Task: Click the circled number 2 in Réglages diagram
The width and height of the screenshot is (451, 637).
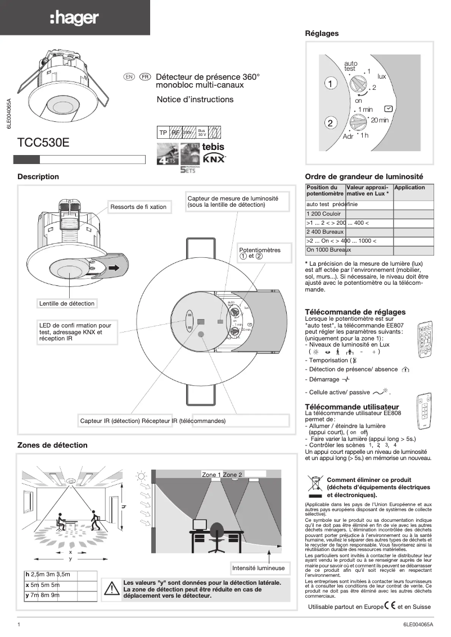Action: point(331,123)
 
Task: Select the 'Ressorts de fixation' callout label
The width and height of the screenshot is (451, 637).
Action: point(138,207)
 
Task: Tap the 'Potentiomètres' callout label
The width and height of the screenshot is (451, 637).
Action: point(259,253)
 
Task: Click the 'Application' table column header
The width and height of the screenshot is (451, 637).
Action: point(410,188)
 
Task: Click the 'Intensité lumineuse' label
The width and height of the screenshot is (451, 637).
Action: point(259,568)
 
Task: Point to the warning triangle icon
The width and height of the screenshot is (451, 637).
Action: point(111,589)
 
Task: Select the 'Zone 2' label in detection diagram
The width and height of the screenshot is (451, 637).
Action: point(232,475)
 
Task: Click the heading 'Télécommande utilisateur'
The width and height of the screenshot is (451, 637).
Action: point(351,406)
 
